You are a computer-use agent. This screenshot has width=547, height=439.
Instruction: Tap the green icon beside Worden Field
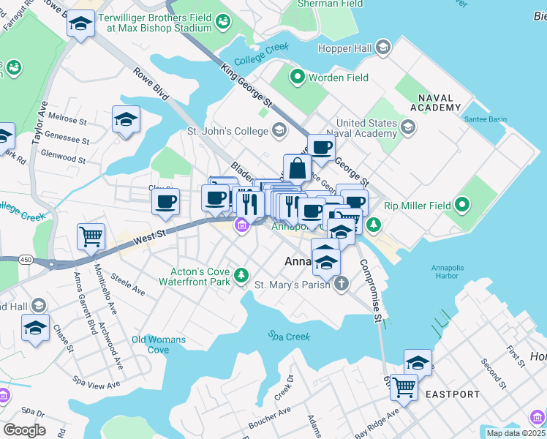point(298,76)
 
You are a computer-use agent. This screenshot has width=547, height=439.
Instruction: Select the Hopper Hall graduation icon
point(382,49)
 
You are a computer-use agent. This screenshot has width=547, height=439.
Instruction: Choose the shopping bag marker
point(298,168)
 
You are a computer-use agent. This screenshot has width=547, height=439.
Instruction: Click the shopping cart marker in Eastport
point(404,386)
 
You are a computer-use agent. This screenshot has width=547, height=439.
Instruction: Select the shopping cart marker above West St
point(91,236)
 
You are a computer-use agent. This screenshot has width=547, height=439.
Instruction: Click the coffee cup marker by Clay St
point(166,200)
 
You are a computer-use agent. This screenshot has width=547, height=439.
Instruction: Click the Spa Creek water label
point(289,337)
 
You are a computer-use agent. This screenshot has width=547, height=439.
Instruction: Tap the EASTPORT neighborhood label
point(453,394)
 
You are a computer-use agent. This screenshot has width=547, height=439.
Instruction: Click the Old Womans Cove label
point(158,345)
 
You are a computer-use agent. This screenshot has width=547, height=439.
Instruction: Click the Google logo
point(24,430)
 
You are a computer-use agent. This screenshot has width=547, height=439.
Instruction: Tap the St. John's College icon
point(278,132)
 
